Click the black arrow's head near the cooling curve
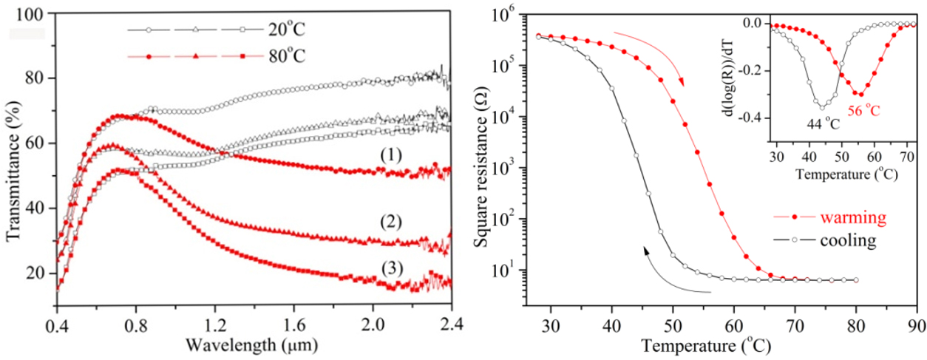tap(647, 251)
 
